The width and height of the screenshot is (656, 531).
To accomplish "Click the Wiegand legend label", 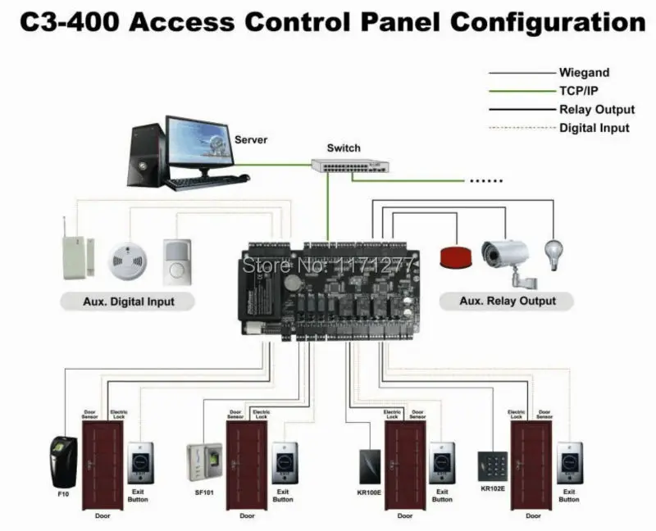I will [x=584, y=73].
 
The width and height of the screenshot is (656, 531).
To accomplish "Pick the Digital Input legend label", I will [x=594, y=128].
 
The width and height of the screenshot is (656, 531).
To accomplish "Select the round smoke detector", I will [x=127, y=256].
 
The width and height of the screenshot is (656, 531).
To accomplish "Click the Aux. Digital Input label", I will [x=129, y=302].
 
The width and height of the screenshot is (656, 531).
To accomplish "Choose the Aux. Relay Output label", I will [x=506, y=302].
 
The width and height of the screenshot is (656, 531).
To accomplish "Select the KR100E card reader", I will [x=367, y=466].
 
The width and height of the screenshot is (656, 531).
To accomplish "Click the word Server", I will [x=251, y=140].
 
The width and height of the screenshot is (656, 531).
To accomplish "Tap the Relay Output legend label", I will [x=597, y=110].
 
